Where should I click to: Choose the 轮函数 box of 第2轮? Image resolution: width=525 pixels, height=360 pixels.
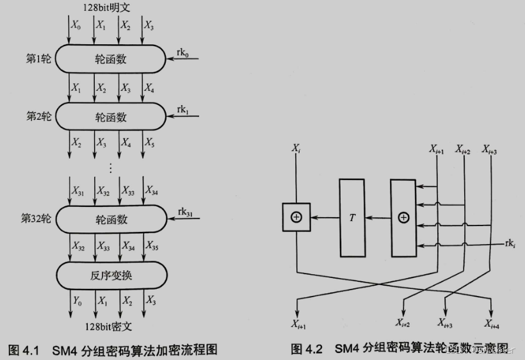click(x=111, y=118)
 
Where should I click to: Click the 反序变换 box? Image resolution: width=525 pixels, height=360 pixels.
click(x=111, y=275)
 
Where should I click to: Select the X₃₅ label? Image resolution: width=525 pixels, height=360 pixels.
click(x=151, y=245)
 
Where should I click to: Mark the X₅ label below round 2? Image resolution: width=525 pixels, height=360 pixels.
click(x=149, y=142)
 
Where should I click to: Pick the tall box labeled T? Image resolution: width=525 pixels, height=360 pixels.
click(x=352, y=217)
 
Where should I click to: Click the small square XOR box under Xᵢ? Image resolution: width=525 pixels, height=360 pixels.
click(x=296, y=217)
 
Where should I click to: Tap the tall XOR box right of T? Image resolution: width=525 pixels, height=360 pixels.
click(x=403, y=217)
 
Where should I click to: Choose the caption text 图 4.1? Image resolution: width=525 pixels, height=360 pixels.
click(x=24, y=350)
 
